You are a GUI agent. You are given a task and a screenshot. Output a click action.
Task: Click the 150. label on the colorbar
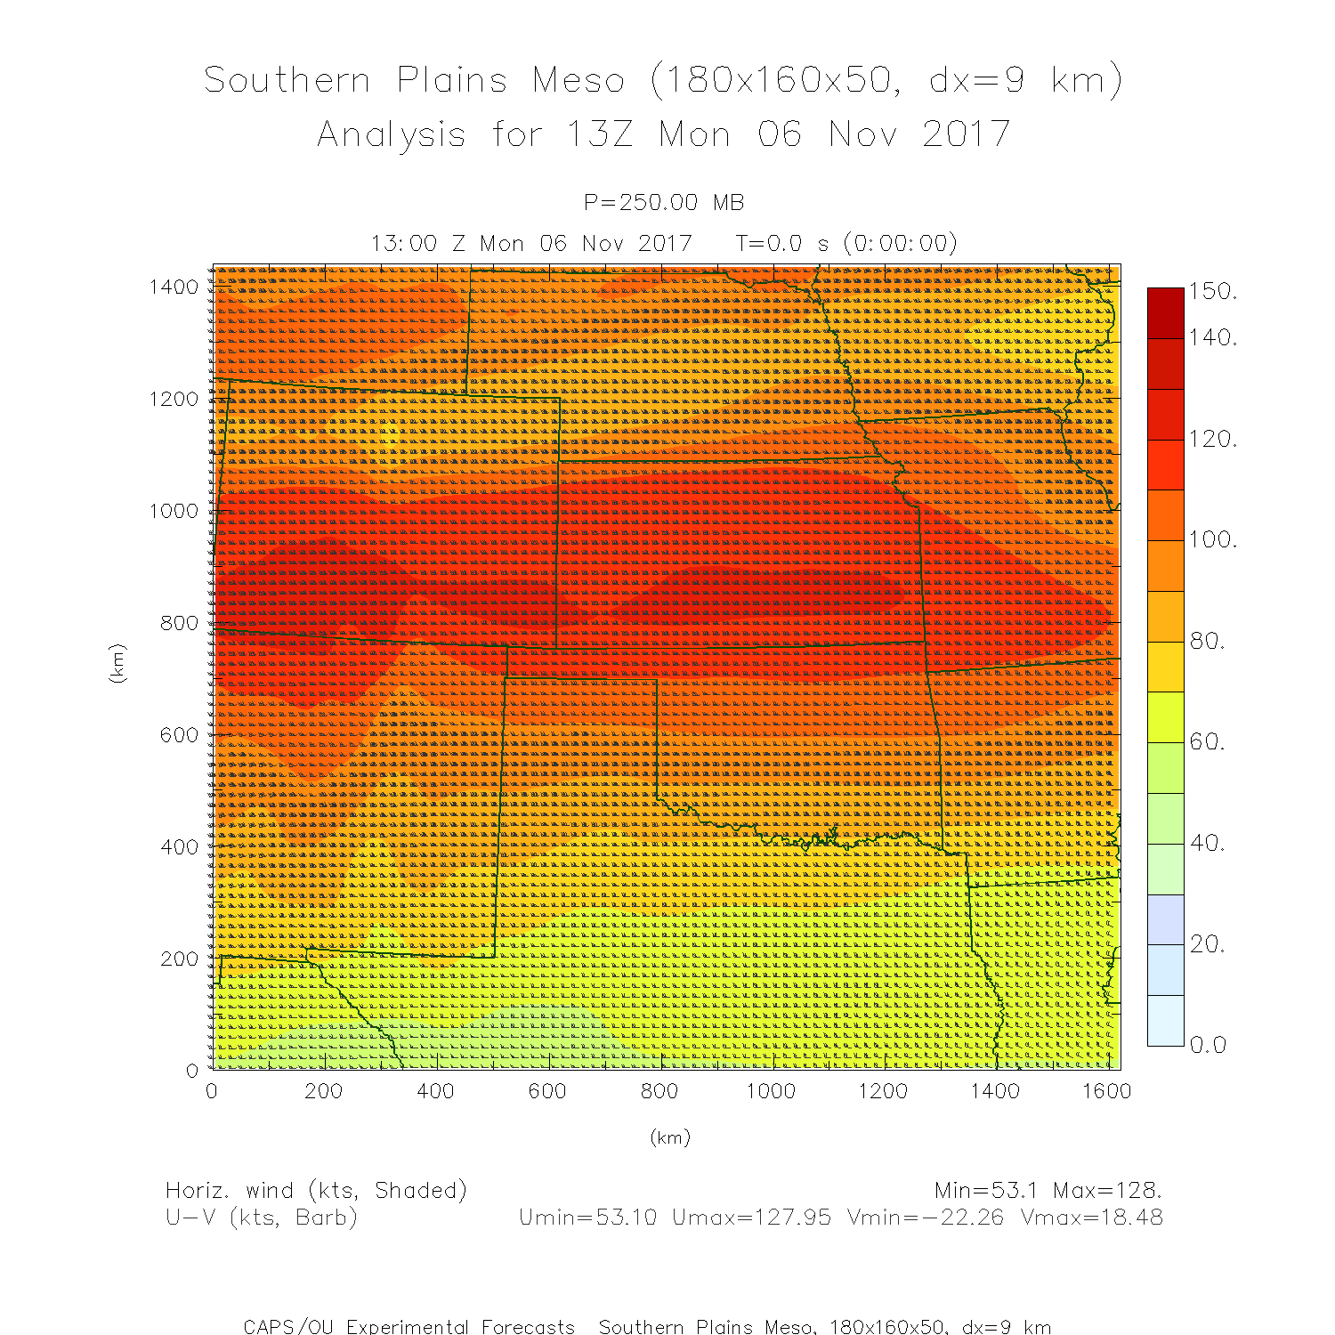pyautogui.click(x=1212, y=291)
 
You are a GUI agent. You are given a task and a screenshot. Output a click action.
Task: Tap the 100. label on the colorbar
pyautogui.click(x=1212, y=539)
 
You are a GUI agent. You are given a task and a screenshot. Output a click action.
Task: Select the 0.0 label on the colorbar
pyautogui.click(x=1209, y=1045)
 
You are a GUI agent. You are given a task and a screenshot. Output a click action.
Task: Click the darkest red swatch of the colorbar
pyautogui.click(x=1165, y=312)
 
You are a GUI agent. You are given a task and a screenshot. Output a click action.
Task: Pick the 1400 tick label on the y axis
pyautogui.click(x=174, y=287)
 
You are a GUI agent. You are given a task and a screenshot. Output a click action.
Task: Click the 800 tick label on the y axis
pyautogui.click(x=180, y=623)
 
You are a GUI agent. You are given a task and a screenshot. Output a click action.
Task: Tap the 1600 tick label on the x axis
pyautogui.click(x=1106, y=1091)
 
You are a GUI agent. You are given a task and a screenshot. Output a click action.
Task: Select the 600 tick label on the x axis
pyautogui.click(x=547, y=1091)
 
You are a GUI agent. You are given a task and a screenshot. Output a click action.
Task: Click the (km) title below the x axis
pyautogui.click(x=670, y=1137)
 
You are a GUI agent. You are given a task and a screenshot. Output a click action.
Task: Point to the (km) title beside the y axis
pyautogui.click(x=117, y=663)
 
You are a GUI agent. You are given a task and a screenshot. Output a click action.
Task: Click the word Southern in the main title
pyautogui.click(x=287, y=80)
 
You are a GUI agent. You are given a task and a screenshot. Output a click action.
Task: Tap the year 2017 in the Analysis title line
pyautogui.click(x=966, y=134)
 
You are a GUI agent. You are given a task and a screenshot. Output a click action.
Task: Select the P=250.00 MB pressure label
pyautogui.click(x=664, y=203)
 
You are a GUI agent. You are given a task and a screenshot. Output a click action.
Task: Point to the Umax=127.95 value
pyautogui.click(x=751, y=1218)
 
